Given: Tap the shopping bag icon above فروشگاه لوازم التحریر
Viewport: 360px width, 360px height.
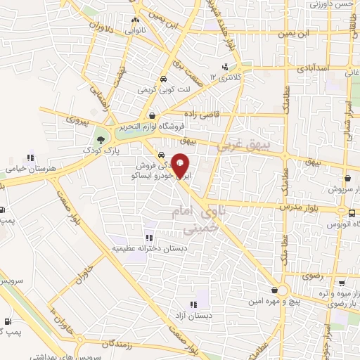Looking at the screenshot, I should tap(153, 116).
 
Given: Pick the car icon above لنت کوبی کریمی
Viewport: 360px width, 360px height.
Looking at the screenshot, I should tap(163, 80).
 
